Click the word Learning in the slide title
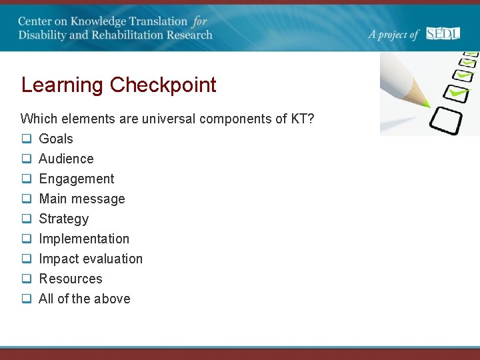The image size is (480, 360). pyautogui.click(x=63, y=85)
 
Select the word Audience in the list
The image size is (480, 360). pyautogui.click(x=66, y=159)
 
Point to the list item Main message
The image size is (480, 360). pyautogui.click(x=81, y=199)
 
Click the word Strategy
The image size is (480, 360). pyautogui.click(x=63, y=219)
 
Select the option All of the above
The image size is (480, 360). pyautogui.click(x=84, y=299)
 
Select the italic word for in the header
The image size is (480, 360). pyautogui.click(x=199, y=21)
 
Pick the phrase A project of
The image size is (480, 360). pyautogui.click(x=393, y=35)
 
